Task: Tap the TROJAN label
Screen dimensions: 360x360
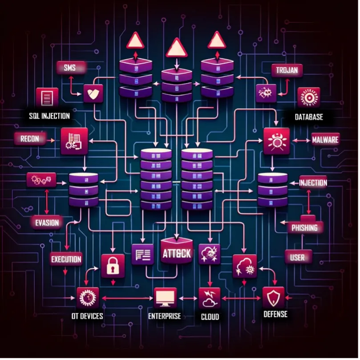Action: point(287,70)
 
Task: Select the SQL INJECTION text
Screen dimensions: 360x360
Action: point(49,116)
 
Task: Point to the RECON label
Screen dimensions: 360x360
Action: point(30,139)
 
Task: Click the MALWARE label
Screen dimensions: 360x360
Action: point(325,140)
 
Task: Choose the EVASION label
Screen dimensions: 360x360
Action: point(47,222)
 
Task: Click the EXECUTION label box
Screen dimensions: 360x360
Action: point(66,259)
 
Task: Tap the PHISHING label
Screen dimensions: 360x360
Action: point(305,227)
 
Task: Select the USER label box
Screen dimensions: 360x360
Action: point(298,257)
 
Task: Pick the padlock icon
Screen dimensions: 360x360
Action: point(113,266)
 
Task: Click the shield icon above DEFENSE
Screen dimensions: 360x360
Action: point(273,298)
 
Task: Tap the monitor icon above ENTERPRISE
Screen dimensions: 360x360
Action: point(165,298)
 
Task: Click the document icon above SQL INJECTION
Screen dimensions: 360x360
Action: point(47,98)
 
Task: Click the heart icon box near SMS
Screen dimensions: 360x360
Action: point(93,93)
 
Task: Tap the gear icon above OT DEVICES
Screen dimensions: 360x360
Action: point(88,298)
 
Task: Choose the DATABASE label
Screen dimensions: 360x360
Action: point(308,117)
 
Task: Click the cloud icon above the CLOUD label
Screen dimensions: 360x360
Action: point(210,298)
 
